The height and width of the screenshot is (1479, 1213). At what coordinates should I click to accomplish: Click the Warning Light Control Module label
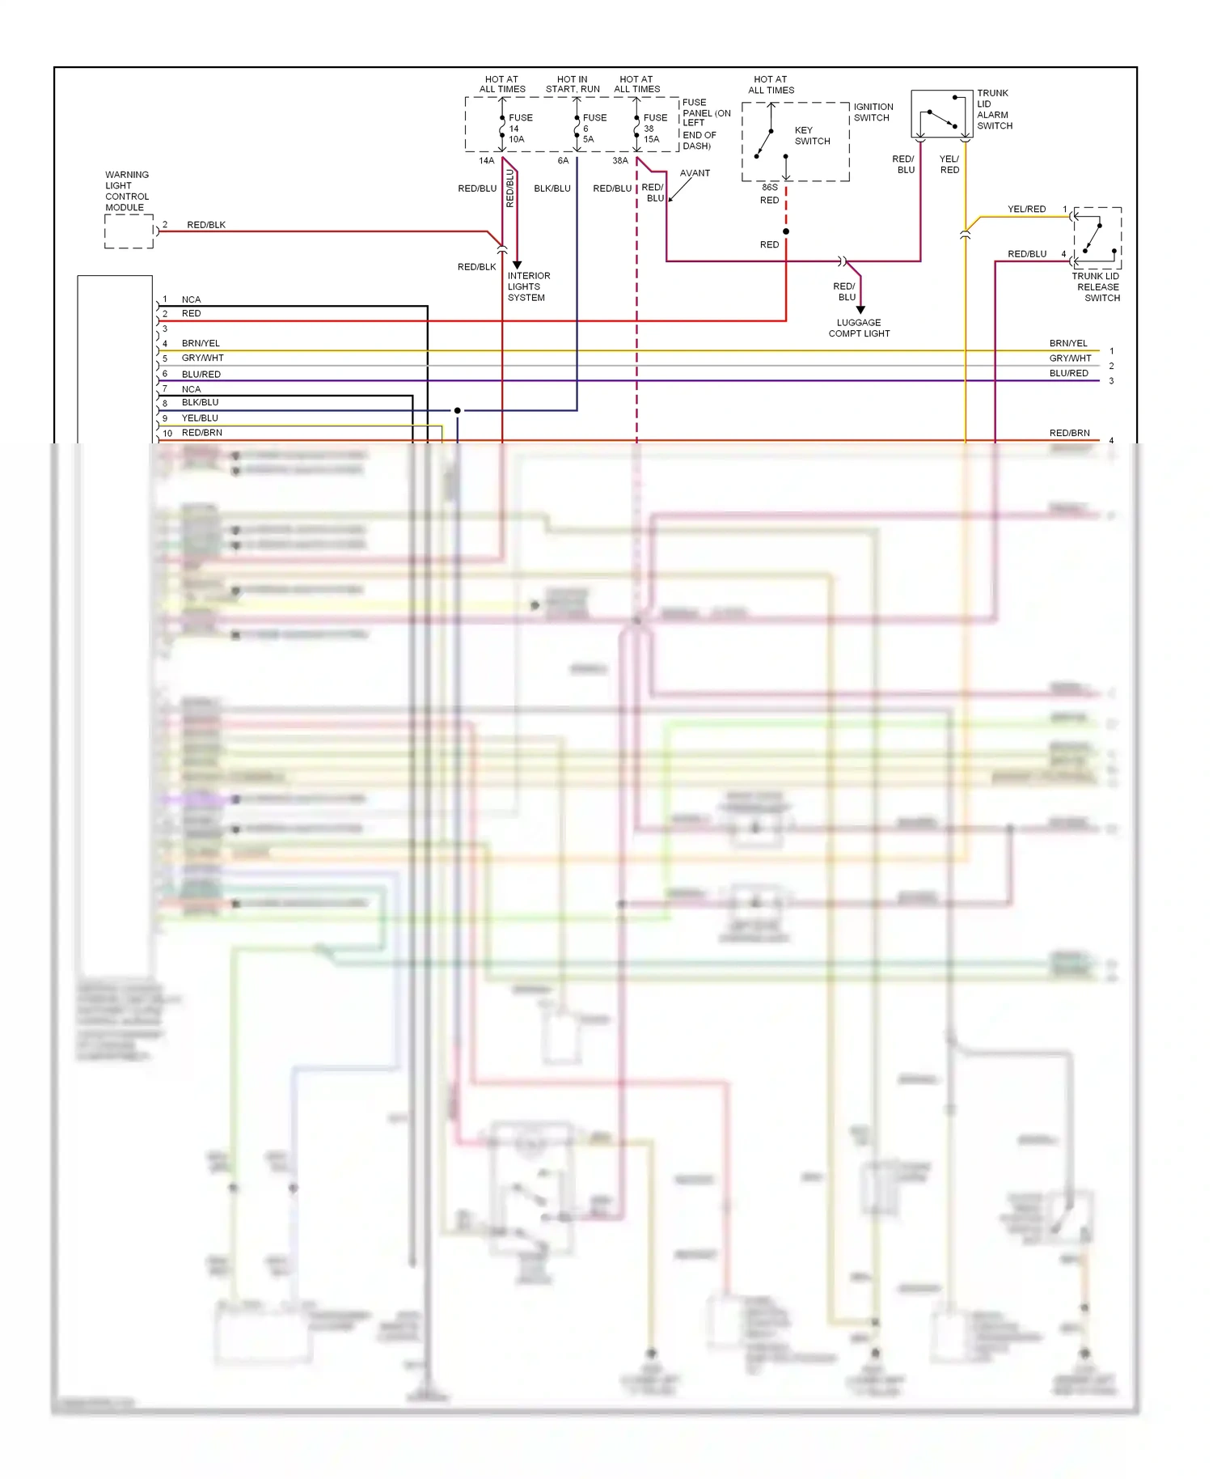pos(127,191)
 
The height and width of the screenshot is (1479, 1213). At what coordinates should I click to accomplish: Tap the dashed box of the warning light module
pos(129,232)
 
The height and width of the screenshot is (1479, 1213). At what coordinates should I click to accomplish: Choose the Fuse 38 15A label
pos(654,129)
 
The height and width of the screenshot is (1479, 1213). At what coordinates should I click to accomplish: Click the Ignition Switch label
pos(873,112)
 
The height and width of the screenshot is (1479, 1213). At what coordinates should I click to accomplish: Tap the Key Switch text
pos(811,136)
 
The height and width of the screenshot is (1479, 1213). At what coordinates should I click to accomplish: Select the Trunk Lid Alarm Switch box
pos(941,114)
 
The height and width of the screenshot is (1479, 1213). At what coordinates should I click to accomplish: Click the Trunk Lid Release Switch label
pos(1097,287)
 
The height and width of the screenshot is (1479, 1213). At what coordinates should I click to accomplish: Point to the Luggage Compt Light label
pos(859,328)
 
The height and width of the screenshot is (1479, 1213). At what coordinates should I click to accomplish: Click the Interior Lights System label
pos(528,286)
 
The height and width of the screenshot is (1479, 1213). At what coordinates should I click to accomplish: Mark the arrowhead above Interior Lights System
pos(518,265)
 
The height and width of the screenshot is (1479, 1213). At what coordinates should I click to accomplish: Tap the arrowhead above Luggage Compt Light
pos(860,310)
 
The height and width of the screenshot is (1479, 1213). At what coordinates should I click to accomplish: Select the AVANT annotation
pos(695,173)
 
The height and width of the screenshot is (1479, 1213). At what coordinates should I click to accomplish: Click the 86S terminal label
pos(769,188)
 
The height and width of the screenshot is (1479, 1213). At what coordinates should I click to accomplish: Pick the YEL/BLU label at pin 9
pos(200,418)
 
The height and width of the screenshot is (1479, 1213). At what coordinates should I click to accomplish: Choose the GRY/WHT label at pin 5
pos(202,358)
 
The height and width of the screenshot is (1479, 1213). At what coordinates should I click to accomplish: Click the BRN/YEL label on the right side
pos(1068,343)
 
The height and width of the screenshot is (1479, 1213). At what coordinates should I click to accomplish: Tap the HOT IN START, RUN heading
pos(573,84)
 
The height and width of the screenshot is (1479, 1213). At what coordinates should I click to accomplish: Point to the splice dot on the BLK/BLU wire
pos(458,410)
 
